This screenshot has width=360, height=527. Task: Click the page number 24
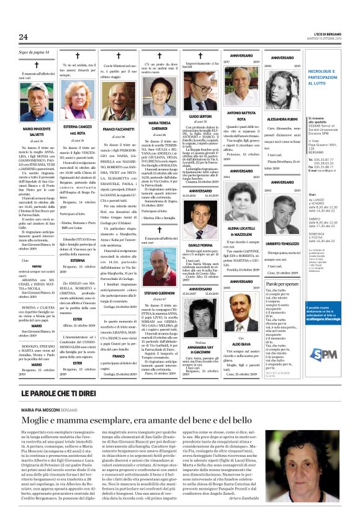click(24, 38)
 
